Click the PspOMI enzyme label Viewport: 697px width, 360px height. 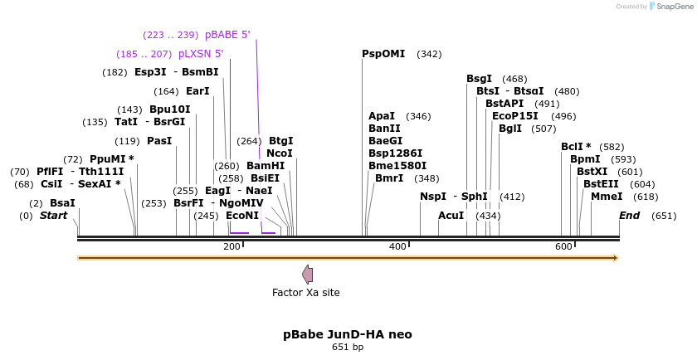383,54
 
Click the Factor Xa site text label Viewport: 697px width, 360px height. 305,292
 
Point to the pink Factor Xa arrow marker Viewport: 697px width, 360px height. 307,274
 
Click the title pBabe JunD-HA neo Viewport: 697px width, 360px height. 347,334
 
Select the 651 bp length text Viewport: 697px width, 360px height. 347,347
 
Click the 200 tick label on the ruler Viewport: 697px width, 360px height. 232,246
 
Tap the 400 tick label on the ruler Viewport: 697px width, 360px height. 397,246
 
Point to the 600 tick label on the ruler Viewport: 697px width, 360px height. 563,246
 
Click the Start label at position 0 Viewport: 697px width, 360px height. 53,216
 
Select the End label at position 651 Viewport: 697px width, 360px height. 630,216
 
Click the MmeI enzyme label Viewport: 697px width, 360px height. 607,197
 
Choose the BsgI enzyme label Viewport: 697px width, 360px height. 479,79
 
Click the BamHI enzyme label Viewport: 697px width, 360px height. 266,166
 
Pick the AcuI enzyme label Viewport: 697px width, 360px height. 451,216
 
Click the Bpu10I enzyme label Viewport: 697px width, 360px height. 169,109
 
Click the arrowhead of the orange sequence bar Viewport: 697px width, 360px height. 616,258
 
